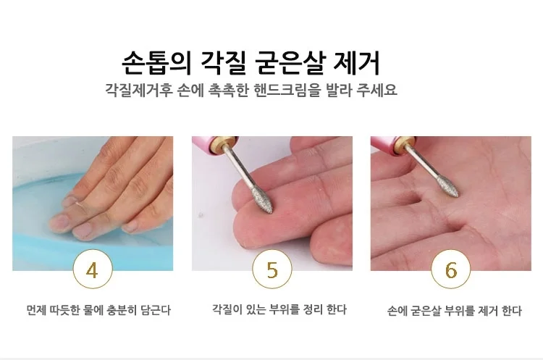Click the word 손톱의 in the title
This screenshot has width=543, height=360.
tap(156, 63)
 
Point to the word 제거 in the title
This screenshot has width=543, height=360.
tap(356, 63)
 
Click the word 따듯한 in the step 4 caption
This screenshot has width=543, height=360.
tap(65, 310)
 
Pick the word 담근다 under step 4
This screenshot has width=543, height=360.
tap(156, 310)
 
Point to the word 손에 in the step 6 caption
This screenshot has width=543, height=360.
tap(397, 311)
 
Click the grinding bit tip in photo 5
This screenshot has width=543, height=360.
tap(271, 211)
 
